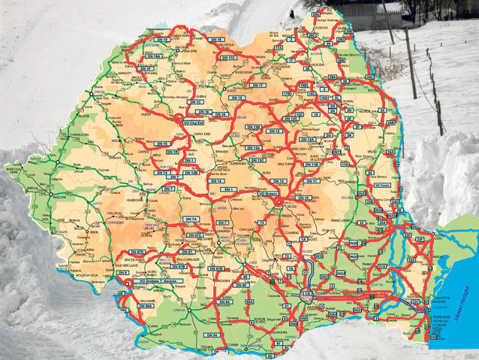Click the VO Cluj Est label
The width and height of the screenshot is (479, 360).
tap(194, 119)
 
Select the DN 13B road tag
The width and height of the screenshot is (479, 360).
tap(255, 128)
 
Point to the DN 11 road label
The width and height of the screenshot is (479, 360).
tap(312, 181)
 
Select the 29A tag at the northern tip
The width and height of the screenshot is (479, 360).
tap(315, 14)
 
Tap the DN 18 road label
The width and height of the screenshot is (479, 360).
tap(216, 38)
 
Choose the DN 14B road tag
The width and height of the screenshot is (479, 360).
tap(191, 172)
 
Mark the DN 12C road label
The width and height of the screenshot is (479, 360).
tap(257, 160)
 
